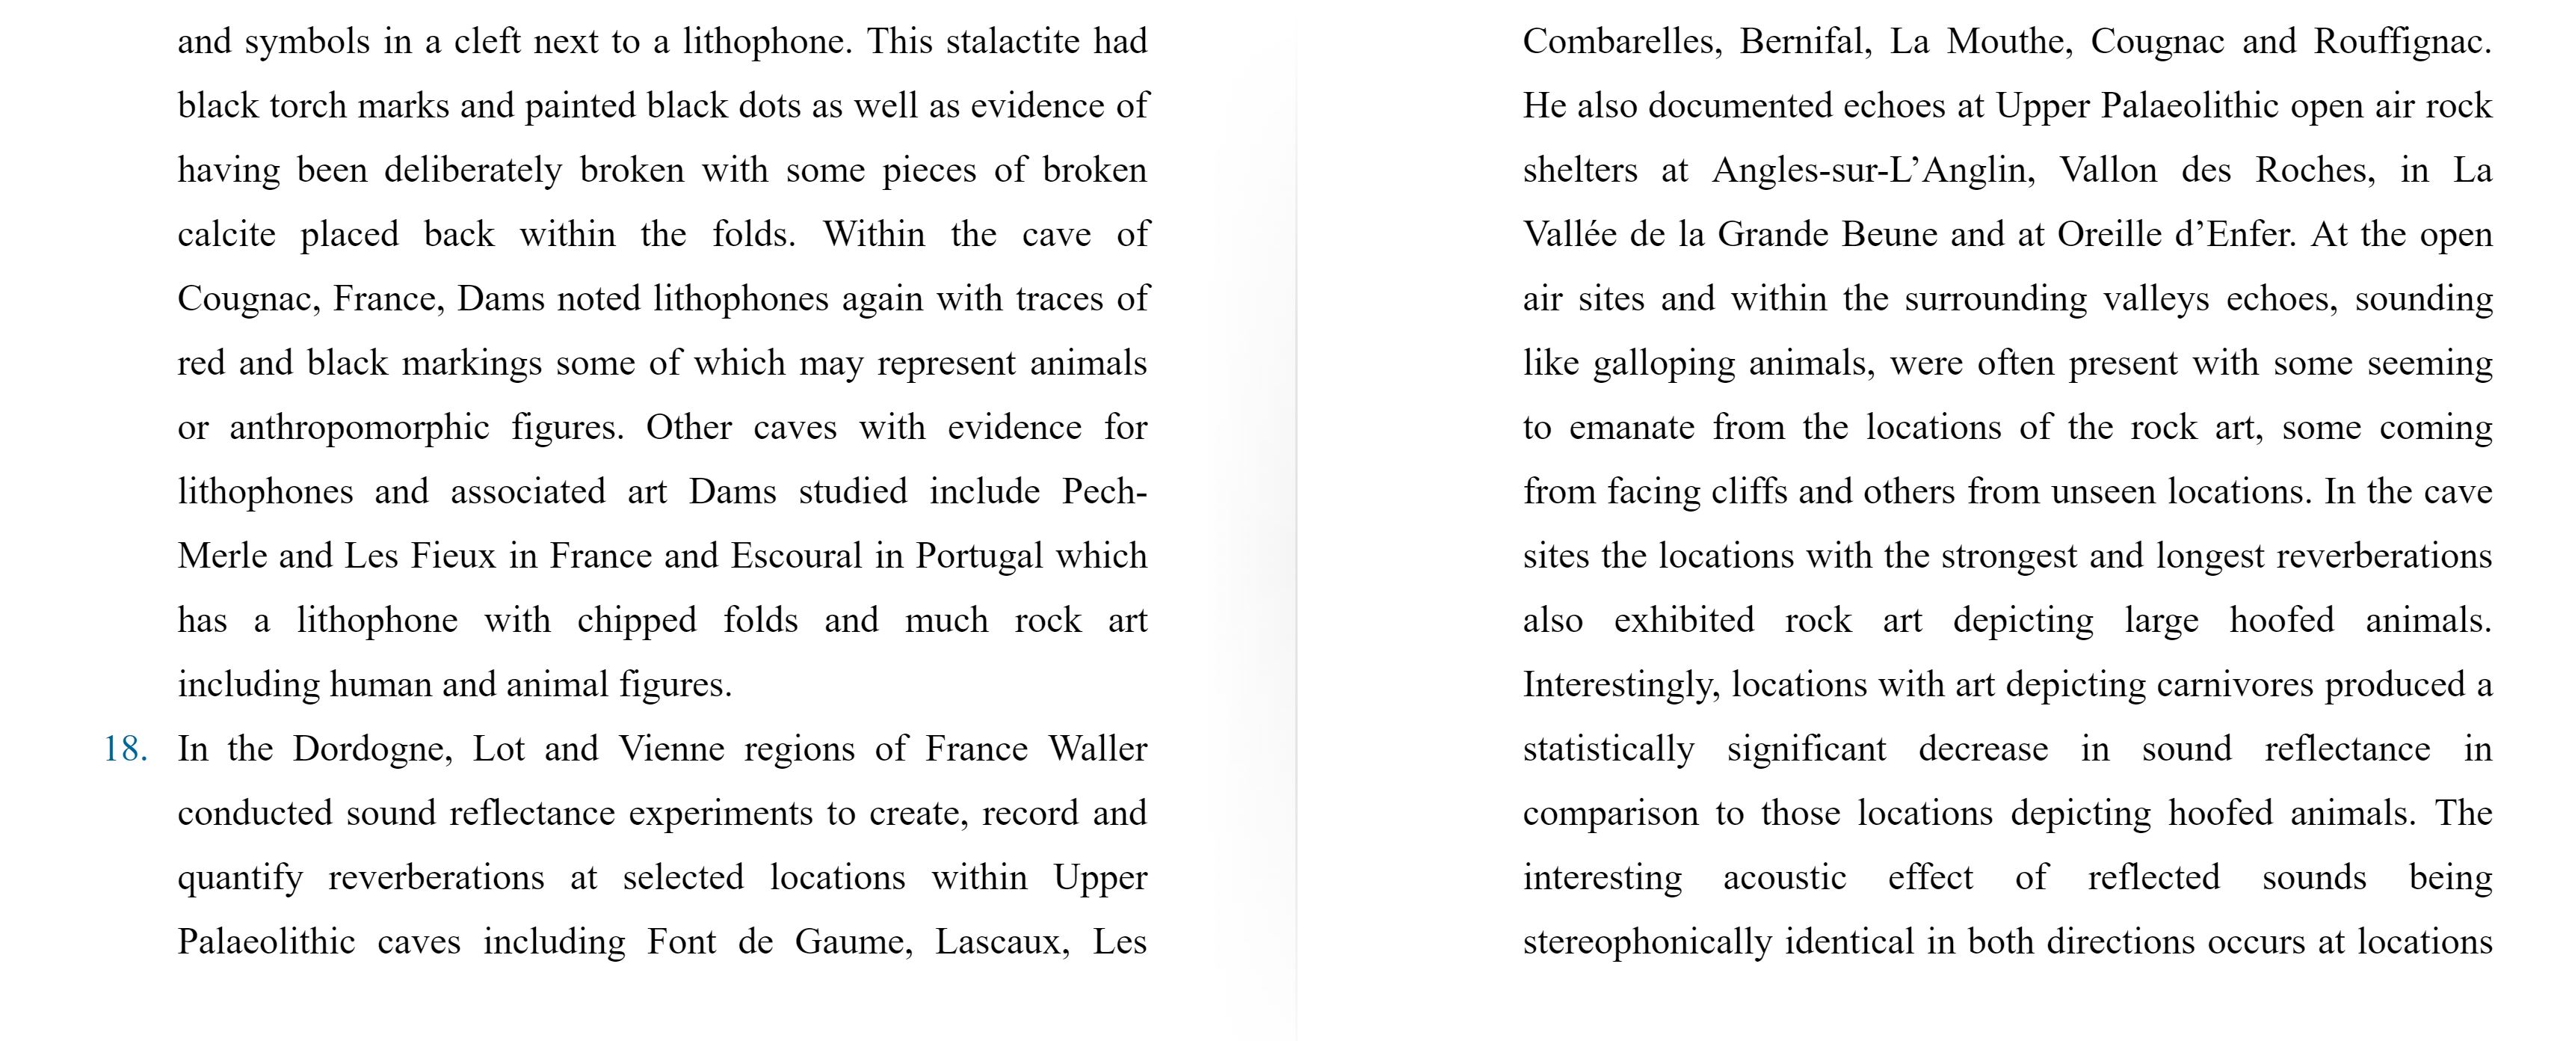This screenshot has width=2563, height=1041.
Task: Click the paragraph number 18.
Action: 126,749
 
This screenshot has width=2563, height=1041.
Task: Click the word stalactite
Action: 1013,42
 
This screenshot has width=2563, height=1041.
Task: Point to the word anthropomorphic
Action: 360,428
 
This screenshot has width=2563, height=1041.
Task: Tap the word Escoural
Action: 796,556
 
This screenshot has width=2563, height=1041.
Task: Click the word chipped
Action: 637,621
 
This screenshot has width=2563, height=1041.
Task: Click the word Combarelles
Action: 1620,42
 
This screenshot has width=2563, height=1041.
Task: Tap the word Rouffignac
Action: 2402,42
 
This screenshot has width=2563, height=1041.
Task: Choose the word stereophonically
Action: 1647,942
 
